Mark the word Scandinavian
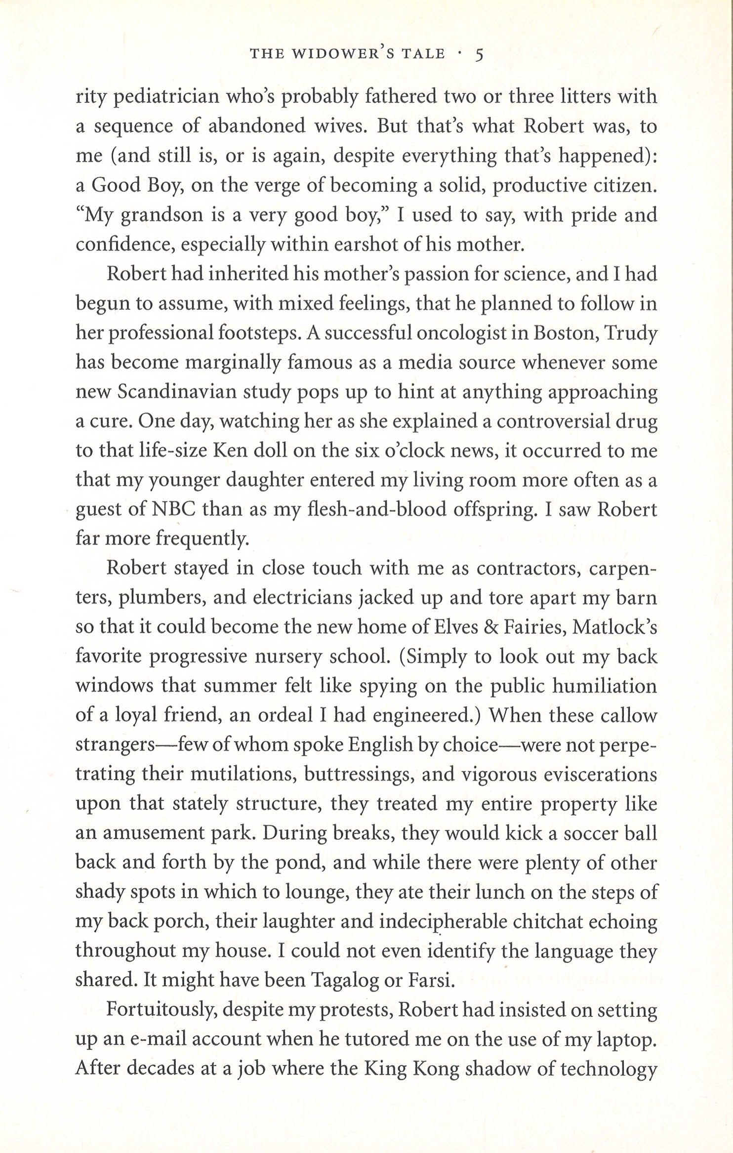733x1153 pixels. pyautogui.click(x=186, y=392)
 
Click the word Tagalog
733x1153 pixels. pyautogui.click(x=342, y=981)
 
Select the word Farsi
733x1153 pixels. pyautogui.click(x=429, y=980)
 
